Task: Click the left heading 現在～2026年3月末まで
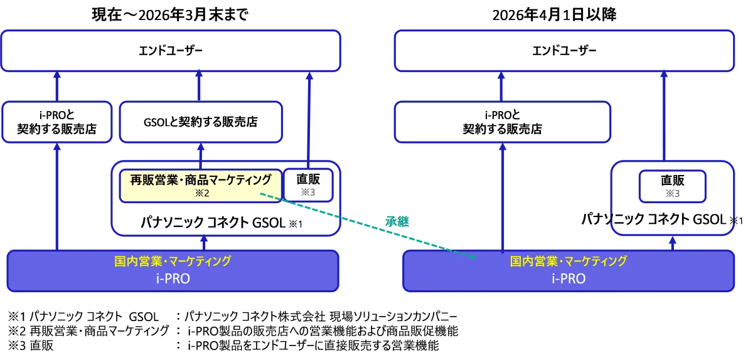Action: (170, 15)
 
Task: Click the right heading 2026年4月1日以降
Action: (554, 15)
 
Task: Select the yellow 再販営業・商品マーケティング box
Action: (201, 186)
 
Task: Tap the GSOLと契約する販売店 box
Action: (201, 122)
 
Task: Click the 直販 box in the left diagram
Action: (308, 185)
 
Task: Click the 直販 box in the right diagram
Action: (672, 186)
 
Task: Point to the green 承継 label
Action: (397, 222)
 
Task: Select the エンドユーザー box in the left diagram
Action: (171, 51)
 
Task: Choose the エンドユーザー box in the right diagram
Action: (564, 51)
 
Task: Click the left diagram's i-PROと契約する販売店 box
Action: (57, 122)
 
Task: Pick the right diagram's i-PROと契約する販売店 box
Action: (502, 122)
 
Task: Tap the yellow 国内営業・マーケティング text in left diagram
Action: (173, 261)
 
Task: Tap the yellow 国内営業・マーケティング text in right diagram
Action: (569, 261)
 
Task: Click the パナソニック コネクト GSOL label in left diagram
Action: (213, 223)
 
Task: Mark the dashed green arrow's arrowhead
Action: (473, 257)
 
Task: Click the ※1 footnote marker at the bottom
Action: (17, 317)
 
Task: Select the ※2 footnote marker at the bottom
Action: (17, 331)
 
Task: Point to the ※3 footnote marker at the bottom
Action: (17, 346)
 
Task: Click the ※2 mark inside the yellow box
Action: (202, 193)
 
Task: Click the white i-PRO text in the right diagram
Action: (569, 278)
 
